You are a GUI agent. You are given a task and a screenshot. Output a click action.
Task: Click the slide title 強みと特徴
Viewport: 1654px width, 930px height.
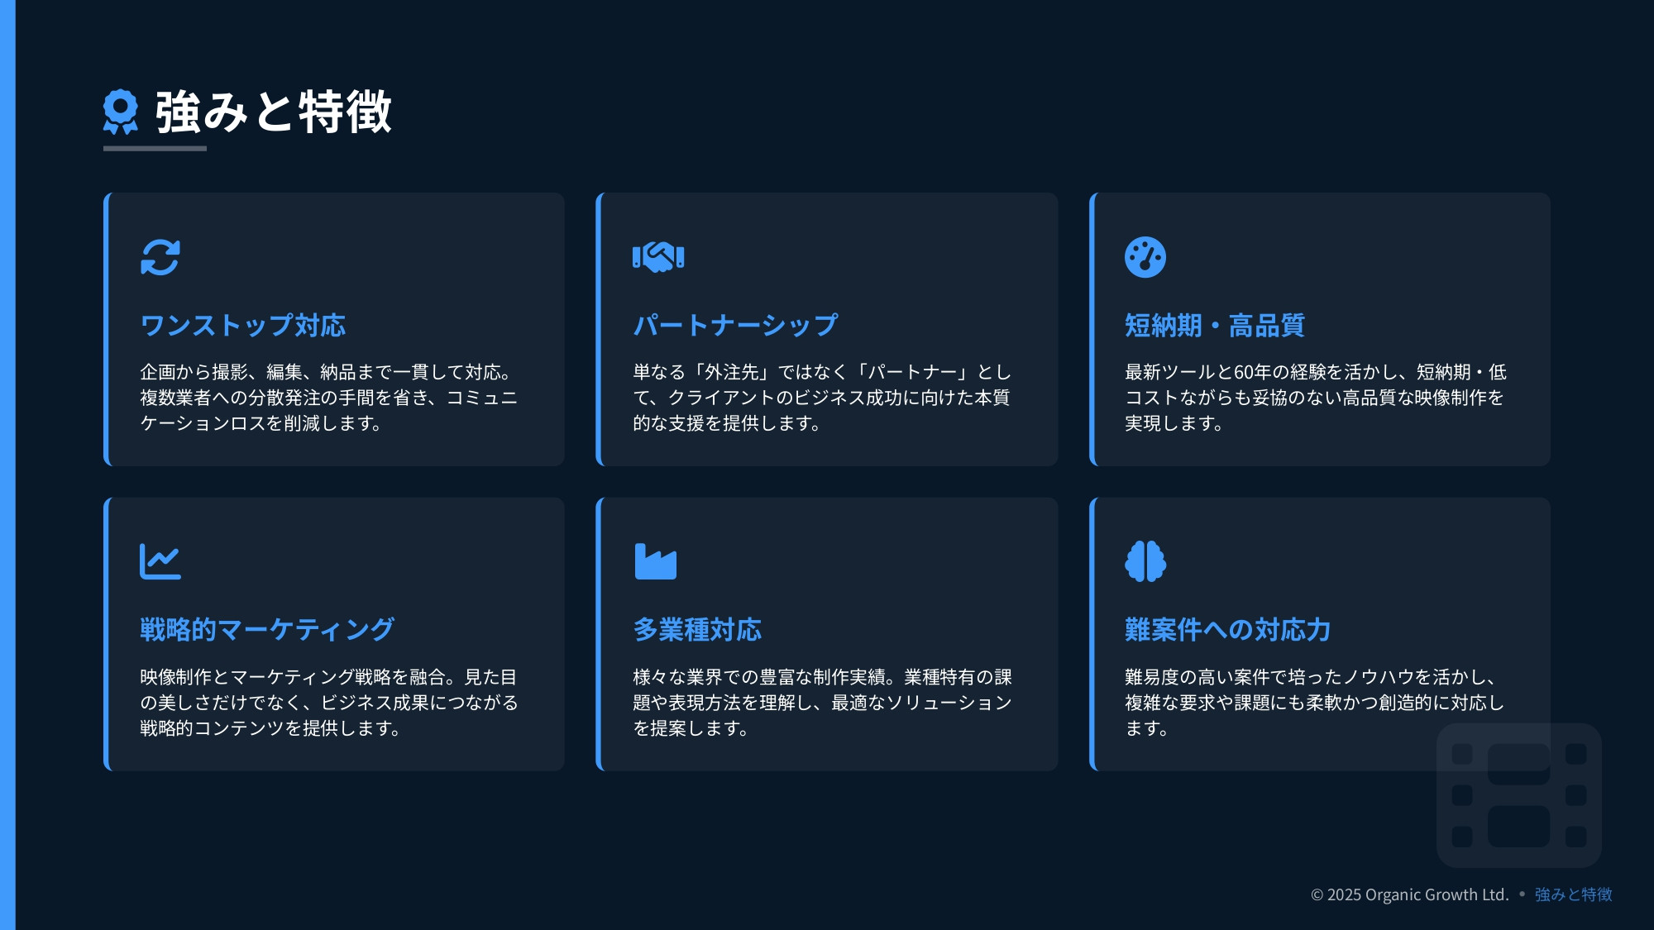(274, 112)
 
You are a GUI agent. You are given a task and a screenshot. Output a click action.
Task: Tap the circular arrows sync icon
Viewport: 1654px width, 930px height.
(160, 257)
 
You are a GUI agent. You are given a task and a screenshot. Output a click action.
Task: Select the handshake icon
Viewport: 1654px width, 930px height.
(658, 257)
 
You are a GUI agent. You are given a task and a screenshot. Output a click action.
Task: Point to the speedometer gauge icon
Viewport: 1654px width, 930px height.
(1145, 257)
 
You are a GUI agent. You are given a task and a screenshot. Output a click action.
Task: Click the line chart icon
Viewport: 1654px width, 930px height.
(160, 562)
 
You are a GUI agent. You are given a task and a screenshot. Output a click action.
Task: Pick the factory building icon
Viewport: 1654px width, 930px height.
(656, 562)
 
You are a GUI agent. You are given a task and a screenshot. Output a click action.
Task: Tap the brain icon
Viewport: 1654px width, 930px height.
(1145, 562)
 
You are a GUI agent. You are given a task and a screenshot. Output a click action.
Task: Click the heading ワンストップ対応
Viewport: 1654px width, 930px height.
(243, 326)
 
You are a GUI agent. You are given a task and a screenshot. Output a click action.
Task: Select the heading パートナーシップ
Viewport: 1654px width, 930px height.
(736, 326)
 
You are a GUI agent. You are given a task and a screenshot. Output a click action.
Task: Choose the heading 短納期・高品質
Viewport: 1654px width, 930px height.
(1215, 326)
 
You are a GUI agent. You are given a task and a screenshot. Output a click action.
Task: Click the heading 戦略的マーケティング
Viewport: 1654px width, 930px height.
(267, 630)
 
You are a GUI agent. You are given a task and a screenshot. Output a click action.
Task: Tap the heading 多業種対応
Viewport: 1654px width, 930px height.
(697, 630)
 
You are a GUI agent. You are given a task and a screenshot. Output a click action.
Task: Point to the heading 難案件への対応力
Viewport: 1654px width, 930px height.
(1228, 630)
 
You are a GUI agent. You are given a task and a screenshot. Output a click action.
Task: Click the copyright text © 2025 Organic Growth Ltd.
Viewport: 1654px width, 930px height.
(1410, 894)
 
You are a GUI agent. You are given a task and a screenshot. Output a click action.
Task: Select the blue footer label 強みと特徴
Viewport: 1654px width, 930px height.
(1574, 894)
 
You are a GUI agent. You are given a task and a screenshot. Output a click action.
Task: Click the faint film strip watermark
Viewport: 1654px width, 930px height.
(1519, 795)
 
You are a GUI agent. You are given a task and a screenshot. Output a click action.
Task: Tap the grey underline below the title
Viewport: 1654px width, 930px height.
(155, 149)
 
